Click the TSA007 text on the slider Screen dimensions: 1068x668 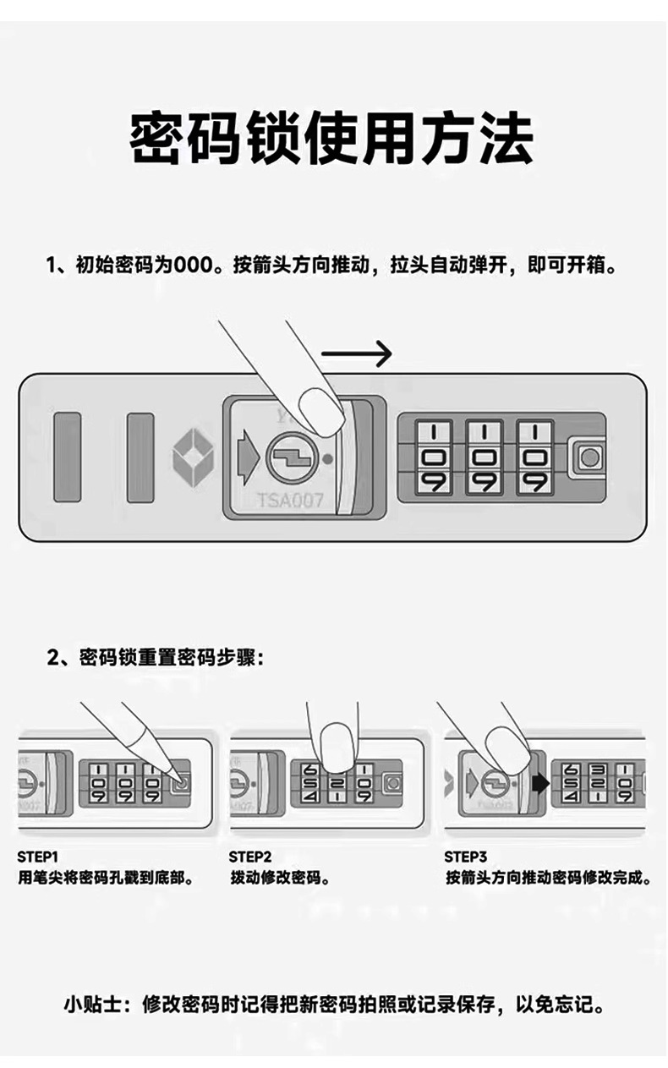289,501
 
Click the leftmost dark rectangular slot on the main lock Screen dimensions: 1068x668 67,457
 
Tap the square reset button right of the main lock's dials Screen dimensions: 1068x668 588,457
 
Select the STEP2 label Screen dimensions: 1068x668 250,857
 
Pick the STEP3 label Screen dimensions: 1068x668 466,857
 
